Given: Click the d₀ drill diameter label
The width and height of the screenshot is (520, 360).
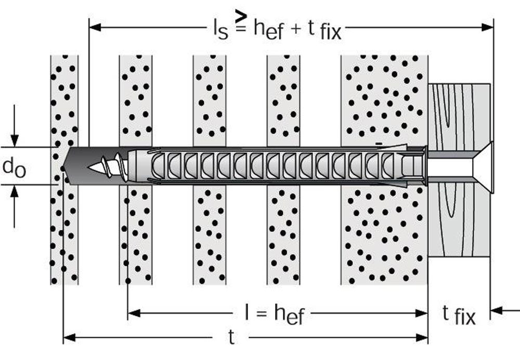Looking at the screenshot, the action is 14,167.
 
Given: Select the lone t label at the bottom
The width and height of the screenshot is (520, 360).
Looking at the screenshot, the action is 231,337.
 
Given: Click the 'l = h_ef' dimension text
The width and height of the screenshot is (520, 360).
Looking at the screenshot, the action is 274,314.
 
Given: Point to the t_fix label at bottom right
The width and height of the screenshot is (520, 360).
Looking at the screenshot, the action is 459,315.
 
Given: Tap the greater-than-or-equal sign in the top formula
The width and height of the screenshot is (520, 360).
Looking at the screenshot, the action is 240,21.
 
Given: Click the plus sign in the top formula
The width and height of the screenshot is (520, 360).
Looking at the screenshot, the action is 295,29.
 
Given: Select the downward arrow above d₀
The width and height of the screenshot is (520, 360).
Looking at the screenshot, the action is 14,125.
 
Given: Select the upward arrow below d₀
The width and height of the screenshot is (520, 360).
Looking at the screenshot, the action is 14,206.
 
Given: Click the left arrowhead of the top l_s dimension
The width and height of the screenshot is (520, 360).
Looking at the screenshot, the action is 95,27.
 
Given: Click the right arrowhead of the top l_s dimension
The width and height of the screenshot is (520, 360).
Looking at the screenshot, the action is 488,27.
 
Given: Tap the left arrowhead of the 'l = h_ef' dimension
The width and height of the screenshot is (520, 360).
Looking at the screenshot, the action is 134,313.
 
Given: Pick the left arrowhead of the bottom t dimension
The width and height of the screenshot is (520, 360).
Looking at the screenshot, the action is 69,338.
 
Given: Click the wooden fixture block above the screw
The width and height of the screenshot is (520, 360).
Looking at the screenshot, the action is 459,116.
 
